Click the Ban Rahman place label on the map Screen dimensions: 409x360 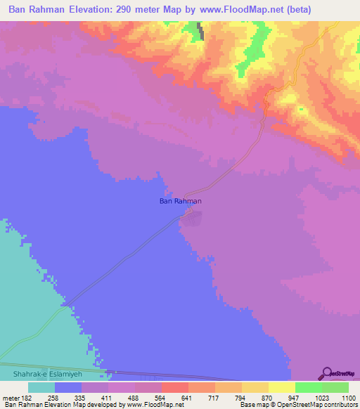point(181,202)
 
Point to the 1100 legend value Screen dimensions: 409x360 point(340,397)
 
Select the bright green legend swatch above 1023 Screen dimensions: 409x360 point(308,387)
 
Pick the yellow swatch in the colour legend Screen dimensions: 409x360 point(281,387)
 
